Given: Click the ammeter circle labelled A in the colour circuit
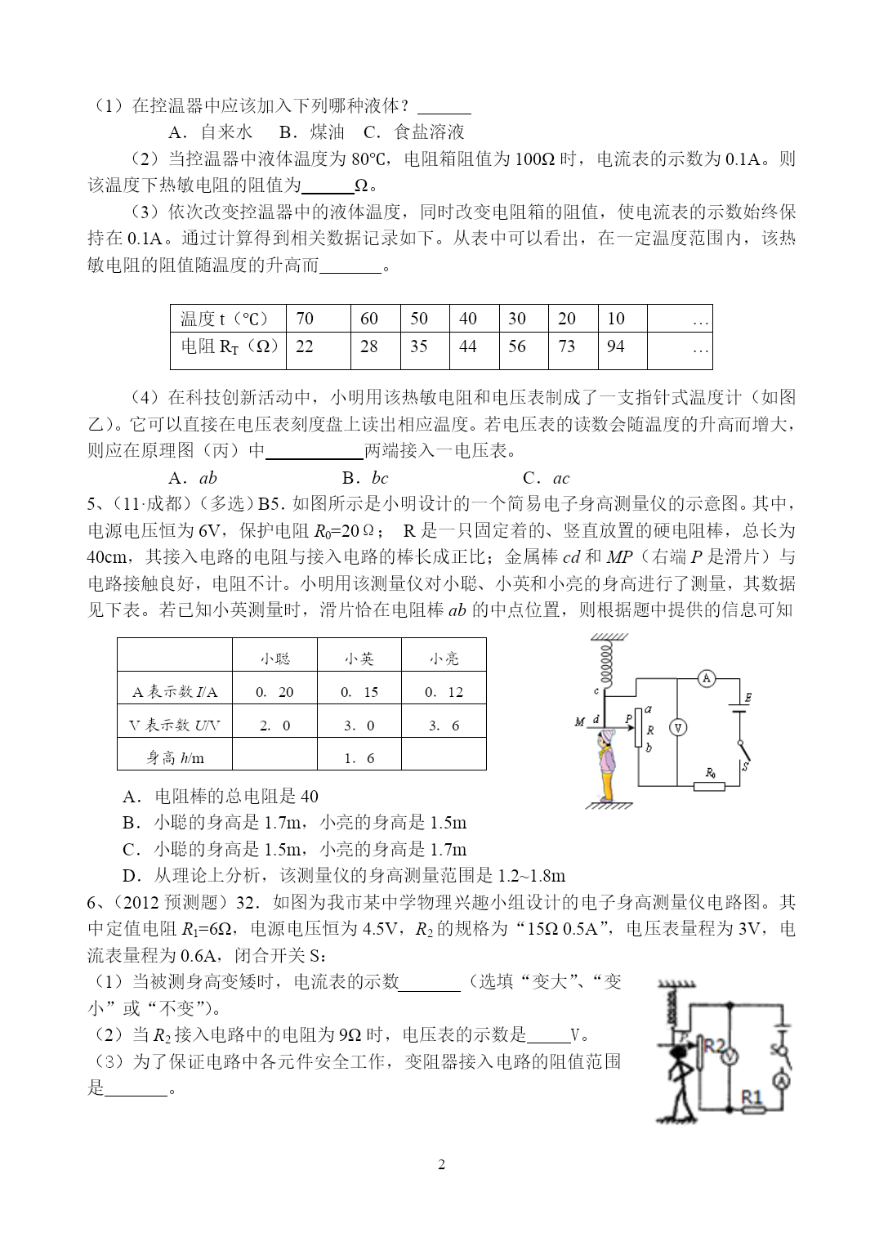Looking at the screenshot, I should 707,677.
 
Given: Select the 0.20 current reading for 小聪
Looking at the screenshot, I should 274,692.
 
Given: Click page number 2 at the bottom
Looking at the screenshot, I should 442,1164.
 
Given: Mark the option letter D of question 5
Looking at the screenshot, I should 129,876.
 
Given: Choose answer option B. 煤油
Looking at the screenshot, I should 310,132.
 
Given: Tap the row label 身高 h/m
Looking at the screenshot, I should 175,758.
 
